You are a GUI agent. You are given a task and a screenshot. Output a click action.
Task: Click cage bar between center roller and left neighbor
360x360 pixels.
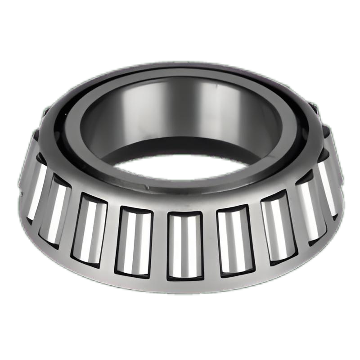(160, 245)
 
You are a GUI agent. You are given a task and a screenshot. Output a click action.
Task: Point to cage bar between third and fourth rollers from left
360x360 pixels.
(112, 236)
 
